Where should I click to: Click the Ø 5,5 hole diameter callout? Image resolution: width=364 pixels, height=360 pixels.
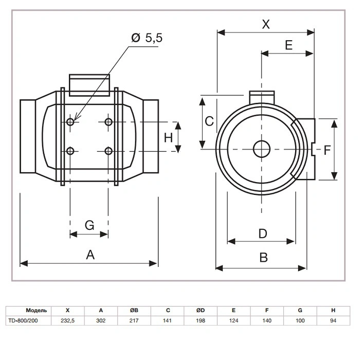147,38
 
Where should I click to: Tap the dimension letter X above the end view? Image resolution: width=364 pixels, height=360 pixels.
266,24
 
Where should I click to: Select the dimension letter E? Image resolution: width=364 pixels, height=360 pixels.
288,45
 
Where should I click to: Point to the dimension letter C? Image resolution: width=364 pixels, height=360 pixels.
209,121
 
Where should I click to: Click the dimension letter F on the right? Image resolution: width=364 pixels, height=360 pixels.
327,150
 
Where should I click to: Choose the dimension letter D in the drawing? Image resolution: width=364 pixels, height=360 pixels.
263,233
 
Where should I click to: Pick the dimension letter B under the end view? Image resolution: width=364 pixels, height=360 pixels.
263,258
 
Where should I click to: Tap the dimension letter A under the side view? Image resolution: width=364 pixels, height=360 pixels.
90,255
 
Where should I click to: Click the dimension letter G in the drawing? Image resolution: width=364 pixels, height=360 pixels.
89,225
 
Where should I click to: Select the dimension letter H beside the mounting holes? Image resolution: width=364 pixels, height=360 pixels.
168,138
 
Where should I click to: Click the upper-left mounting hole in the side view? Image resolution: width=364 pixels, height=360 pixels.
70,122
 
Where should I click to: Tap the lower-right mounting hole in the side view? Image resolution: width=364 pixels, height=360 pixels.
108,151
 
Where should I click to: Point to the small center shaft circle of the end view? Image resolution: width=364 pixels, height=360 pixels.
262,149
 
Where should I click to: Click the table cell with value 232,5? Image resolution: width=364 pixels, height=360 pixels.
67,321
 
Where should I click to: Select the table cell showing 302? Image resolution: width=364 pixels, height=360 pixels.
101,320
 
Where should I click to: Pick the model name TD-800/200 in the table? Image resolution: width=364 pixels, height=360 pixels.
23,320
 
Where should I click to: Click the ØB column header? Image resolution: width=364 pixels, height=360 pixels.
134,310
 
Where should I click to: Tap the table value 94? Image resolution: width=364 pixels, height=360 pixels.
333,320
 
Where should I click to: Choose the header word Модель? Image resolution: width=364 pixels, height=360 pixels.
37,310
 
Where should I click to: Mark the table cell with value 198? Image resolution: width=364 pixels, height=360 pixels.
201,320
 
